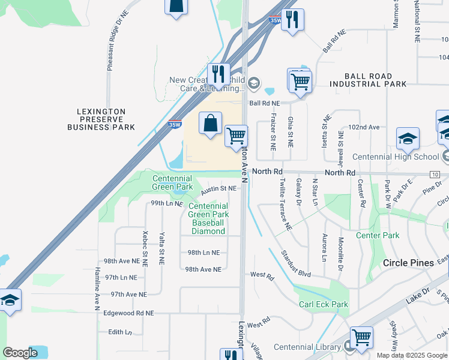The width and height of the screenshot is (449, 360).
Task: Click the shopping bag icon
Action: [210, 124]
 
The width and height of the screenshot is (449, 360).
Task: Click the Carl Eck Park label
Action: [324, 305]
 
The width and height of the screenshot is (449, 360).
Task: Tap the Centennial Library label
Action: [307, 347]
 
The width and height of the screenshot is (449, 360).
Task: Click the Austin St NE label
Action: [218, 188]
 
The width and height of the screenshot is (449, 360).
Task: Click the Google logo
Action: [20, 353]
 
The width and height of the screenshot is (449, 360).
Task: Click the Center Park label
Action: [378, 236]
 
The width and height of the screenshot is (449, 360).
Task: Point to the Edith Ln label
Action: [119, 332]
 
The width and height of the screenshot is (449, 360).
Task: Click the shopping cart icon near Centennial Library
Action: [361, 338]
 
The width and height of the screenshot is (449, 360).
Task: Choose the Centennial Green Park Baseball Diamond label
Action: [208, 218]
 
